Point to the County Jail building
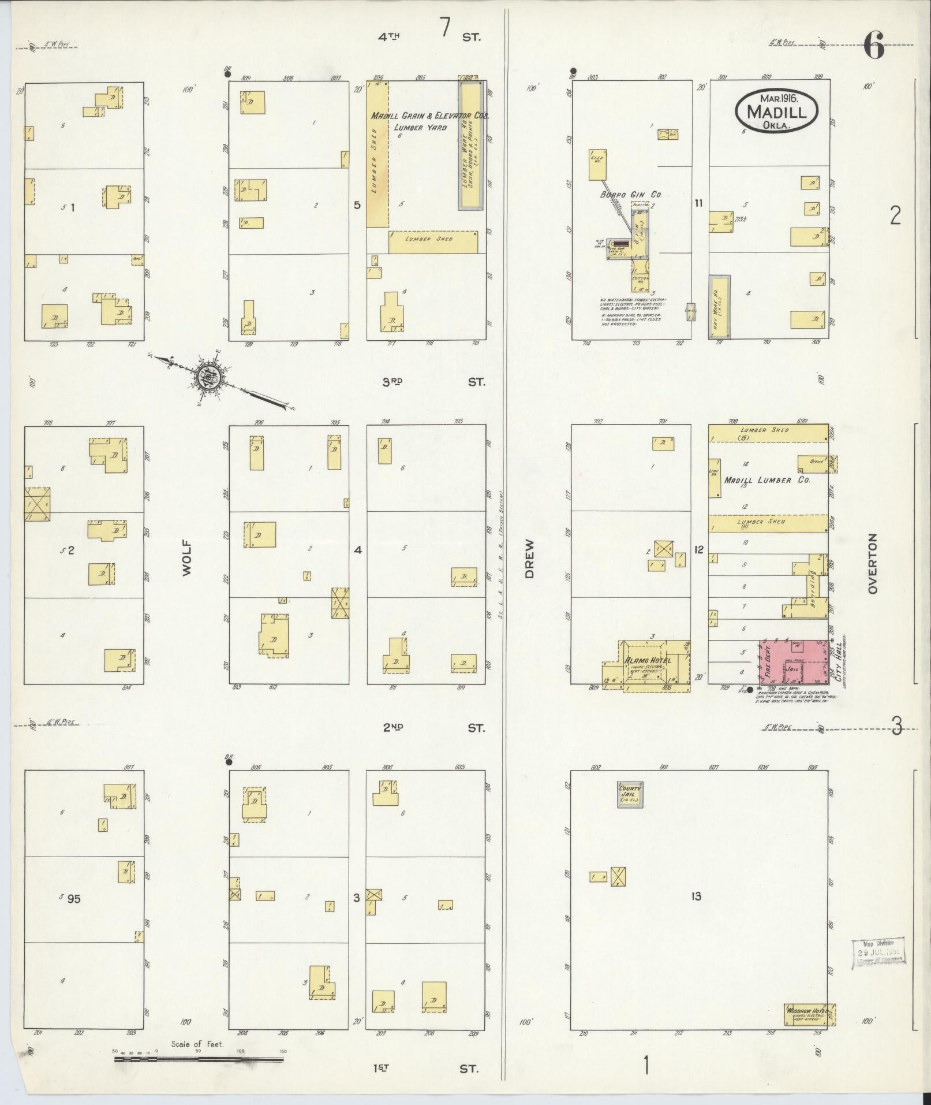(630, 795)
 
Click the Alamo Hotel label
(646, 661)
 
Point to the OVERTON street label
(872, 563)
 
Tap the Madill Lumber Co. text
(767, 480)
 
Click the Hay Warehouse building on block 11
(719, 307)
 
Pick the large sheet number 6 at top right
(873, 46)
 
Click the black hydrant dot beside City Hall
(749, 690)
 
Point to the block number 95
(73, 914)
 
